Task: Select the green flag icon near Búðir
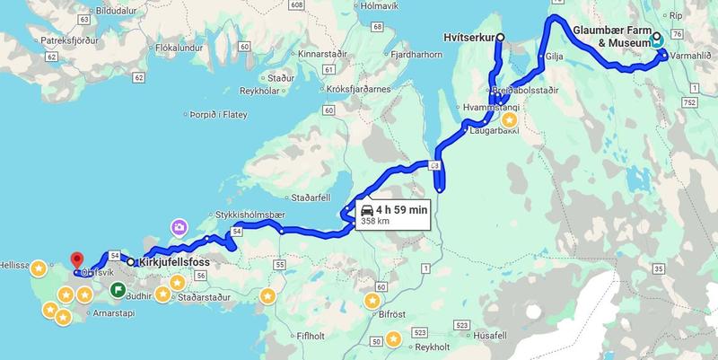click(x=118, y=290)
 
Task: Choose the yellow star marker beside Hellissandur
click(x=39, y=268)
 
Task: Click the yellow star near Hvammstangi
click(x=509, y=119)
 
